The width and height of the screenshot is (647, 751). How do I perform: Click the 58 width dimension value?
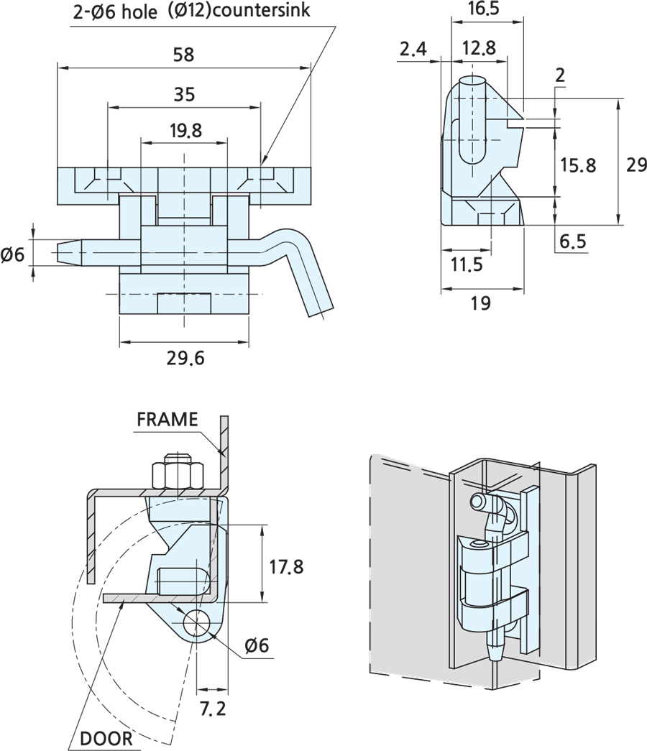click(183, 55)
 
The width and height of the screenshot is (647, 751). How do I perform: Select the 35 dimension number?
click(184, 94)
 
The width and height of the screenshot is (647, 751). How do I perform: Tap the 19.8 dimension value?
click(186, 130)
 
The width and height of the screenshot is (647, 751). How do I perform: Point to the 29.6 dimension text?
click(185, 358)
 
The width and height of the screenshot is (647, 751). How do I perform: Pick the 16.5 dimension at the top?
click(483, 9)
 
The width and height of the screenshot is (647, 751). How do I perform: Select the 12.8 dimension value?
click(479, 48)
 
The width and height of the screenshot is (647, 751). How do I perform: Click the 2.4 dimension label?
click(413, 49)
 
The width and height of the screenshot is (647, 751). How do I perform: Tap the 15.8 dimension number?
click(579, 165)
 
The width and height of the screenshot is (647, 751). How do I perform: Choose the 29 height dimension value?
click(636, 165)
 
